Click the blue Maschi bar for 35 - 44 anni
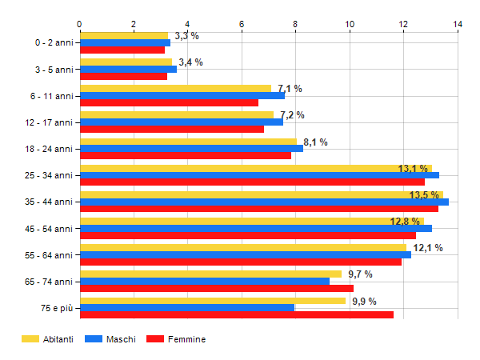264,202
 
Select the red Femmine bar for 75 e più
237,315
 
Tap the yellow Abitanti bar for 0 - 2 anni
124,35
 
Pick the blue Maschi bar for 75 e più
187,308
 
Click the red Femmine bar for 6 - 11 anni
169,102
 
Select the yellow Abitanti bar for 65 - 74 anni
210,274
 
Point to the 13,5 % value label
424,195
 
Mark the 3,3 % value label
186,36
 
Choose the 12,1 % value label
428,248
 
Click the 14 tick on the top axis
458,24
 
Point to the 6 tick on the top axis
242,24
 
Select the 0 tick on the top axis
80,24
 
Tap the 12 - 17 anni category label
50,122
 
